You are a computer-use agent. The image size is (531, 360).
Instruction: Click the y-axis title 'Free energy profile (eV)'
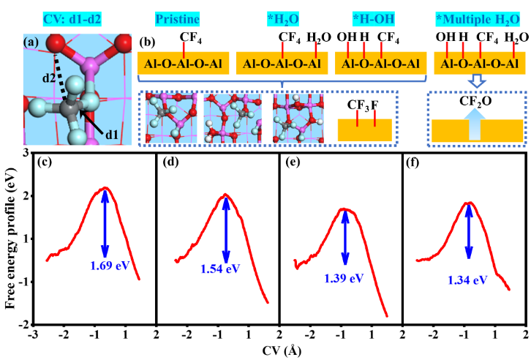point(12,238)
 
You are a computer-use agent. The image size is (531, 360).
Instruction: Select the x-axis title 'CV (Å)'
point(280,350)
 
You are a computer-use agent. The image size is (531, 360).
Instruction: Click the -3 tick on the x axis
point(33,334)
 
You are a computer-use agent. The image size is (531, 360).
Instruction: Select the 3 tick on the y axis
point(24,151)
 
